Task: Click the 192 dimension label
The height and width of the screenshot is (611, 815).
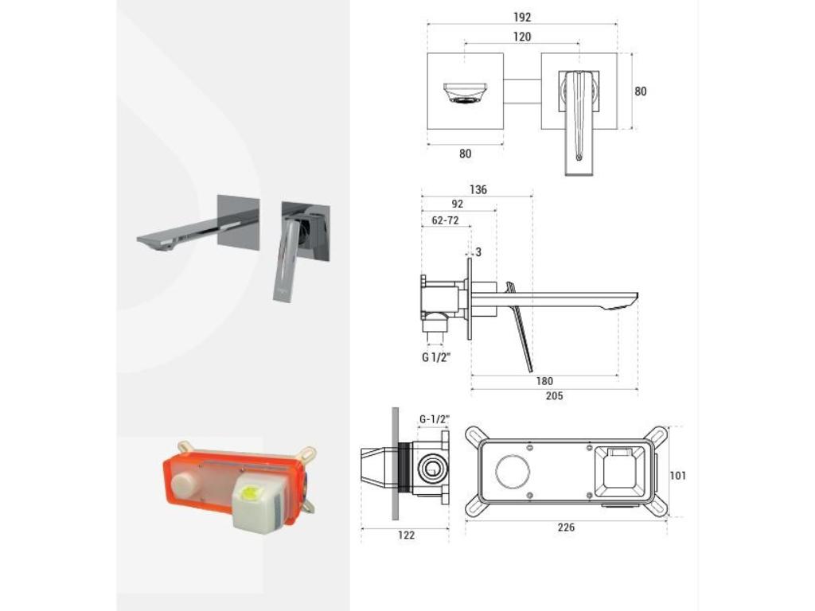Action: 522,18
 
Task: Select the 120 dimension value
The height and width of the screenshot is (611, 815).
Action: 522,37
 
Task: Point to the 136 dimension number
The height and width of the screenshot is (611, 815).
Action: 478,189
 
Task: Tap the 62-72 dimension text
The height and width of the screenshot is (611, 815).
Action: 446,220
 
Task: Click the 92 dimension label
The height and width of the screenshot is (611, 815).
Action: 457,204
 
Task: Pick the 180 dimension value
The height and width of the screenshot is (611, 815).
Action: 544,381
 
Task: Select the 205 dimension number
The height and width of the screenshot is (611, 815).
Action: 554,396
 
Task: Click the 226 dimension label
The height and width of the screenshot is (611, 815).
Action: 566,527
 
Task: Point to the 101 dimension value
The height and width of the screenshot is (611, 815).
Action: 678,476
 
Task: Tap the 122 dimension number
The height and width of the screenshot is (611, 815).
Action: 406,535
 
